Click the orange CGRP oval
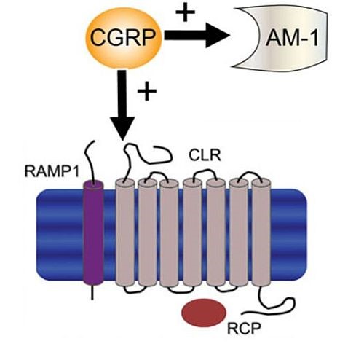click(x=124, y=38)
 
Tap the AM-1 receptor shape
click(x=279, y=39)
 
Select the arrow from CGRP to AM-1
click(x=197, y=36)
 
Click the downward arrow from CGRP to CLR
click(x=122, y=105)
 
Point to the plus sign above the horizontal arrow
click(x=185, y=12)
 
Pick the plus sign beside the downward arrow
click(x=147, y=91)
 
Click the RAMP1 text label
click(x=52, y=172)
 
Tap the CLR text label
click(x=205, y=155)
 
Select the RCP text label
click(x=244, y=329)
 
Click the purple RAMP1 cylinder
click(x=93, y=232)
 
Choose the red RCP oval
click(x=204, y=313)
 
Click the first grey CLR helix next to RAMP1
click(x=125, y=232)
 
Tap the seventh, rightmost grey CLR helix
click(x=261, y=232)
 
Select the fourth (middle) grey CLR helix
click(x=192, y=232)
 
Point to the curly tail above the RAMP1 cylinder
click(x=90, y=160)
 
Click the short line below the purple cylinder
click(x=92, y=293)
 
